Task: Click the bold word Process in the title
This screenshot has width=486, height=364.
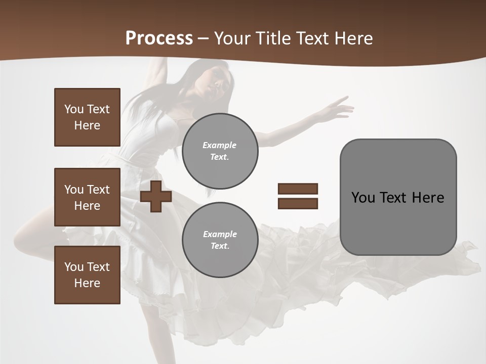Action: [x=159, y=38]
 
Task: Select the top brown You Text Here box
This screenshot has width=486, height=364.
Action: [x=87, y=117]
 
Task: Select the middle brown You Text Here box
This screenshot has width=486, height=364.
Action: [x=87, y=197]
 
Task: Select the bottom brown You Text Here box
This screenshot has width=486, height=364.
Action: [x=87, y=275]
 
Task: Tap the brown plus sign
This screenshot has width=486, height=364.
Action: [x=156, y=196]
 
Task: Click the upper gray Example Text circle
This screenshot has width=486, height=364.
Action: [x=220, y=151]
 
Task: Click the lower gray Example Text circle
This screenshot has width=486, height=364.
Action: [x=220, y=240]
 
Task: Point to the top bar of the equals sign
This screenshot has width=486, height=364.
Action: [x=298, y=189]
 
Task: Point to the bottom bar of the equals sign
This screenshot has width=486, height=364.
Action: [x=298, y=203]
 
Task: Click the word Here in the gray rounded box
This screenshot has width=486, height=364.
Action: [x=428, y=198]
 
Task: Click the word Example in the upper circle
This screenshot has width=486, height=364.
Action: [x=220, y=145]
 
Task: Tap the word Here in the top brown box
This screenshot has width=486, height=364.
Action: [x=87, y=125]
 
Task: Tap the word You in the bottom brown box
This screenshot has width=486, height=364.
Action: [x=74, y=267]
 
